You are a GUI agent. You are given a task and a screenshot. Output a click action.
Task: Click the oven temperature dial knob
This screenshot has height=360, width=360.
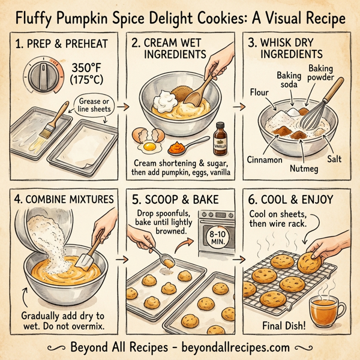click(x=43, y=77)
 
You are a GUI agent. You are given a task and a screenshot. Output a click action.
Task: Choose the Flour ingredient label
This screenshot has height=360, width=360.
click(x=259, y=92)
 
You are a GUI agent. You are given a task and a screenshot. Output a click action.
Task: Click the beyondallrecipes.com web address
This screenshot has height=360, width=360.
click(x=238, y=347)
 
